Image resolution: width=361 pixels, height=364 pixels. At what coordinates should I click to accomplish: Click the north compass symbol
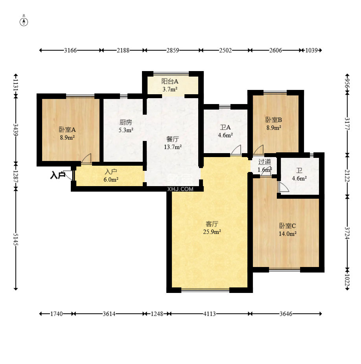point(24,22)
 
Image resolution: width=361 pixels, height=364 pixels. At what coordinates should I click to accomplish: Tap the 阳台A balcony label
point(170,82)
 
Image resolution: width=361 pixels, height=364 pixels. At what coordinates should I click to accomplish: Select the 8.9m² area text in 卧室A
point(67,137)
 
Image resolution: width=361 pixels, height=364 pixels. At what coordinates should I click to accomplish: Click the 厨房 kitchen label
point(126,122)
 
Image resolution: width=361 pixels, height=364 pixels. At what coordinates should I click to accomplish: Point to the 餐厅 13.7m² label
point(173,143)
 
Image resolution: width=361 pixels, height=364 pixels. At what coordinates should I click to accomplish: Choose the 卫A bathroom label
point(225,127)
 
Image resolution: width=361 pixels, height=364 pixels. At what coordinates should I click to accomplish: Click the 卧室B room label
point(274,120)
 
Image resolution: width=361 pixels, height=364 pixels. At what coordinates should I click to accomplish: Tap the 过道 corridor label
point(265,161)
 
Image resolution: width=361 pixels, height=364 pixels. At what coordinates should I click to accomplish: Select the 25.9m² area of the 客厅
point(212,232)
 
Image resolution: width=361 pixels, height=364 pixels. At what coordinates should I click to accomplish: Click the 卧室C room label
point(287,226)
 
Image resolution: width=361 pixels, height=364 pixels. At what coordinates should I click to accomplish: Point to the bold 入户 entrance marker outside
point(57,175)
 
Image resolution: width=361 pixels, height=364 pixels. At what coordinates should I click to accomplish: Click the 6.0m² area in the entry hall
point(111,179)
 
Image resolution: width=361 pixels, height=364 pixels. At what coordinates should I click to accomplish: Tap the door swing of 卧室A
point(86,159)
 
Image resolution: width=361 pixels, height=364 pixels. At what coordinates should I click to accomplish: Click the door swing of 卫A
point(236,150)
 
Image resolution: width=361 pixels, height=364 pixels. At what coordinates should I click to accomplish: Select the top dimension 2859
point(173,50)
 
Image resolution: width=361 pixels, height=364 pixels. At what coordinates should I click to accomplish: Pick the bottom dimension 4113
point(210,314)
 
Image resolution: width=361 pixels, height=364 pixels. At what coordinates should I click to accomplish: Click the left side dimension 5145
point(16,240)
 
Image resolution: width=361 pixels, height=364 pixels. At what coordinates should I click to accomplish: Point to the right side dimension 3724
point(347,233)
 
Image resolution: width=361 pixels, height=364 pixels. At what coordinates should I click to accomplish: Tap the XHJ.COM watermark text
point(180,189)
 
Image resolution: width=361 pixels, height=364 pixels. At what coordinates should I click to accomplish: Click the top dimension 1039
point(311,50)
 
